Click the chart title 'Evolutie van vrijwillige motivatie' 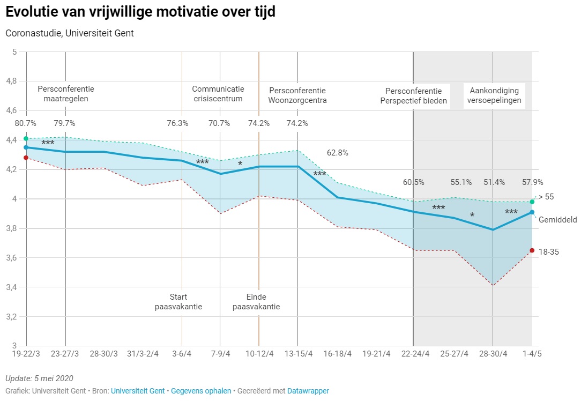(x=140, y=12)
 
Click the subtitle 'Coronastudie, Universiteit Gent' (x=70, y=33)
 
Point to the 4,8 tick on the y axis (x=11, y=81)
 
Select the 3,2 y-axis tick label (x=11, y=317)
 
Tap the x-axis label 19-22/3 (x=26, y=354)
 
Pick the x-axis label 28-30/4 (x=493, y=354)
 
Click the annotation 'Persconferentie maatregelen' (x=65, y=94)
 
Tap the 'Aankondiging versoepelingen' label (x=494, y=96)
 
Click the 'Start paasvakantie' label (x=178, y=302)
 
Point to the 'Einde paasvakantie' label (x=256, y=302)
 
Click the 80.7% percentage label (x=26, y=123)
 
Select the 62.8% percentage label (x=337, y=153)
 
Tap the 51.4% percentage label (x=494, y=182)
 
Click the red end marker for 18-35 (x=532, y=250)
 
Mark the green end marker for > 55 (x=532, y=202)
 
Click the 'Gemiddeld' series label (x=557, y=220)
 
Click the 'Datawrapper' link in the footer (x=308, y=391)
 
